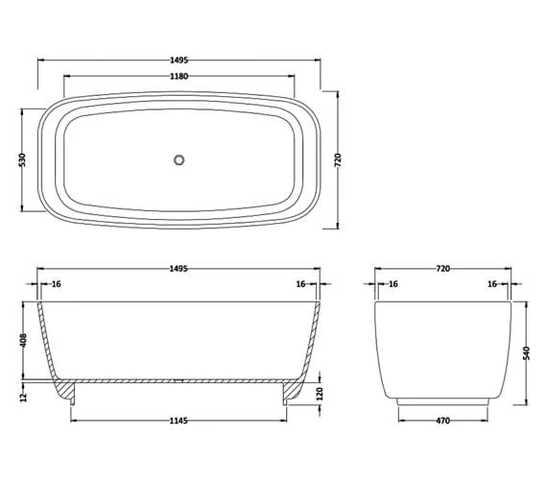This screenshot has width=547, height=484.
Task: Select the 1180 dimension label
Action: coord(178,76)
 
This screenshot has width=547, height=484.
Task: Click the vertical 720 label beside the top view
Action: coord(338,160)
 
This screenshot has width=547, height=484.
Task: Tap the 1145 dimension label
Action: coord(178,420)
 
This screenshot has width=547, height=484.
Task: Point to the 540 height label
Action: coord(526,354)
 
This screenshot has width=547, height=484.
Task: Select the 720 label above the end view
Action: coord(442,268)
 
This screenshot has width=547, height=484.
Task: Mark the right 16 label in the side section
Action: coord(300,285)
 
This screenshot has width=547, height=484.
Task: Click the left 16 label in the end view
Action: coord(392,285)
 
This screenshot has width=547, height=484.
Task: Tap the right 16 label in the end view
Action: coord(491,285)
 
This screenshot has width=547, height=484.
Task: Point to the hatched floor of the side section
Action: coord(178,380)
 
